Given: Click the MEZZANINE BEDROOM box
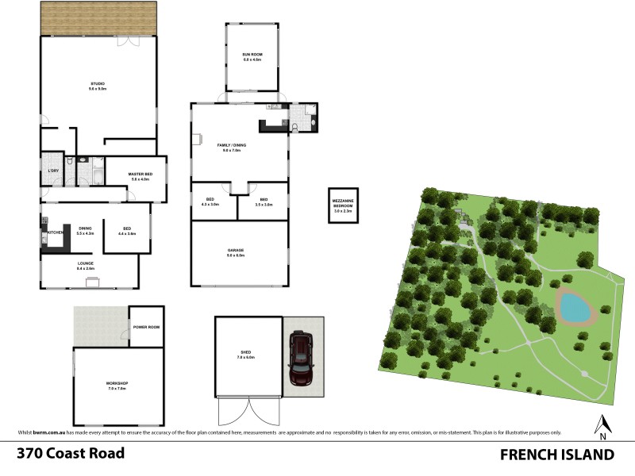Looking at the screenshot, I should (343, 205).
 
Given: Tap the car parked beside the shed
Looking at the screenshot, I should (302, 359).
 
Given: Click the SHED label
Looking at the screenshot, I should (246, 355).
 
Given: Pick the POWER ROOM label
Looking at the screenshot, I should (147, 327).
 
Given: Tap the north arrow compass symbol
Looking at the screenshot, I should (603, 427).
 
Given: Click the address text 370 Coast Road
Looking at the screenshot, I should (71, 454).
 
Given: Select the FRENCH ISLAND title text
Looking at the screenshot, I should (557, 454).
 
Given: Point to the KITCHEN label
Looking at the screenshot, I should (55, 232).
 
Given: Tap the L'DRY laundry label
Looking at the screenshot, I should (53, 171).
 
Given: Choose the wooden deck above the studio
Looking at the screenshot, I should (98, 17).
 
